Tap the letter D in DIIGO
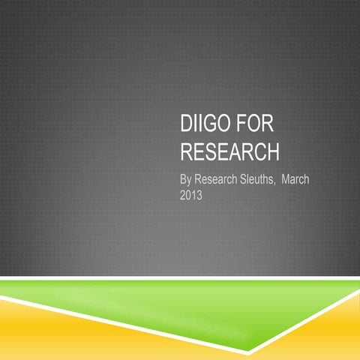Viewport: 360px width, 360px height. coord(187,126)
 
